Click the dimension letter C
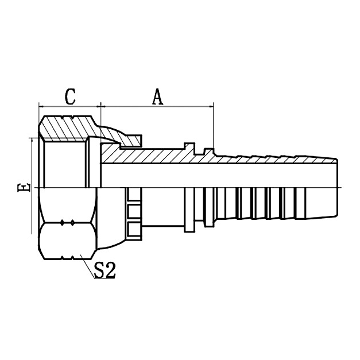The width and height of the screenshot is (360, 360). (70, 96)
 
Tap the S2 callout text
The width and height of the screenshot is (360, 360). (104, 270)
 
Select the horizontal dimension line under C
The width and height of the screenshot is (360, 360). (69, 106)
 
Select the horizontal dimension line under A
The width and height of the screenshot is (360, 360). (157, 106)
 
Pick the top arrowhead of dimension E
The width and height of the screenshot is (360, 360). (32, 141)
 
